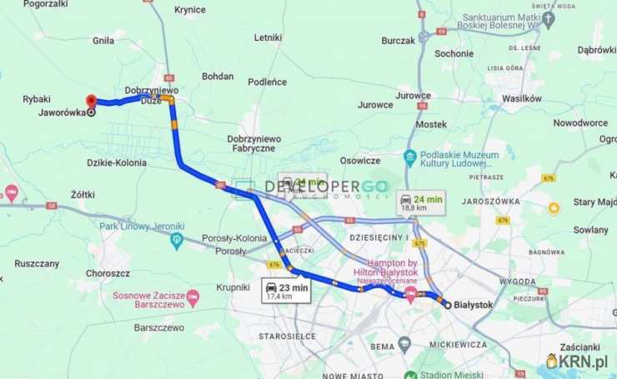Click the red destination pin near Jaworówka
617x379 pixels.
coord(91,101)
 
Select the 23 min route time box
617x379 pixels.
coord(287,291)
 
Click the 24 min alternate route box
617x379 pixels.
coord(421,203)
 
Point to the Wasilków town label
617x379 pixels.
coord(522,98)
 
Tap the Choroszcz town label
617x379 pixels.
coord(108,272)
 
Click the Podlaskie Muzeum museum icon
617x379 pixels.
coord(409,157)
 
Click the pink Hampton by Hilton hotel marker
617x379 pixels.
coord(410,295)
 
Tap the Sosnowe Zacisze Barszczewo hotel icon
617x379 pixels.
coord(193,297)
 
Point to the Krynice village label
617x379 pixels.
coord(190,10)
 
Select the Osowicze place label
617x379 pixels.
coord(360,161)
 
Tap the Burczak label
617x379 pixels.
coord(398,40)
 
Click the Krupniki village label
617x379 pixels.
coord(210,287)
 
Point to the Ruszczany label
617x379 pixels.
coord(37,263)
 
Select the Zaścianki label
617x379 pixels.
coord(580,347)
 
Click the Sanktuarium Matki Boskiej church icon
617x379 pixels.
coord(548,17)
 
